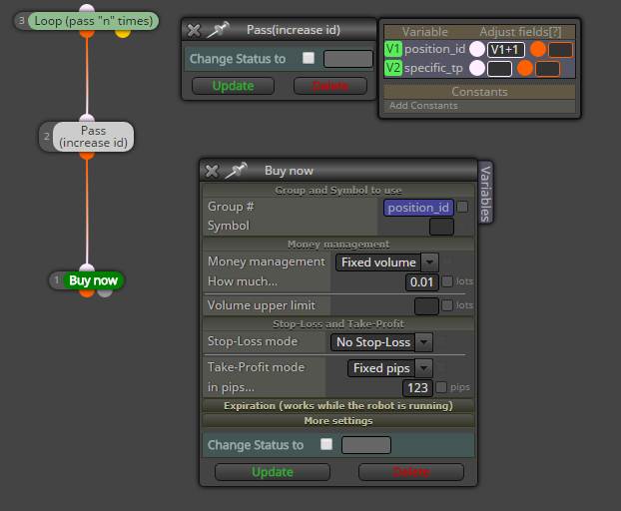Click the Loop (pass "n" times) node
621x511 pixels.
point(94,21)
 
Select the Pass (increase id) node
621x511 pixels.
point(93,137)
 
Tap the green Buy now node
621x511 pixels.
point(94,280)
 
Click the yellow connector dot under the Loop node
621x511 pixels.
point(123,33)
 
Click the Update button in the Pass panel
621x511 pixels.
point(233,86)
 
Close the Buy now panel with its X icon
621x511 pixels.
point(212,171)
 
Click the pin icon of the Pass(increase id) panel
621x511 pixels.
point(219,30)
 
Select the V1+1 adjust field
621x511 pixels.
point(505,50)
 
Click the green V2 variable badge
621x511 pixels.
point(393,68)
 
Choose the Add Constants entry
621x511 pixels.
point(423,106)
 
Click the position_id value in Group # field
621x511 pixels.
point(418,208)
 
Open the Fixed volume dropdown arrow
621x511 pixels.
point(429,262)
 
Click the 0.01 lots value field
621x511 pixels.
point(421,281)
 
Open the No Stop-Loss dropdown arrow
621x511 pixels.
point(423,342)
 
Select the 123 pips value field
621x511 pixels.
point(417,387)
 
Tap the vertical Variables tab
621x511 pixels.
point(485,194)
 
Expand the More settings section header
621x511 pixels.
point(338,421)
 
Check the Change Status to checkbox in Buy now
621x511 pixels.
point(326,444)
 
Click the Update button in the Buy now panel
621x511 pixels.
point(273,472)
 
